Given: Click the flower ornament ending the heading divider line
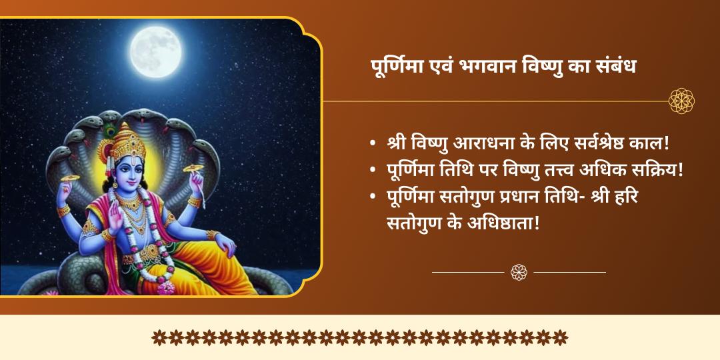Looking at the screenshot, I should [681, 101].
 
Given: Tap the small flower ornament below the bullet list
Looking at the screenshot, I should [519, 272].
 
